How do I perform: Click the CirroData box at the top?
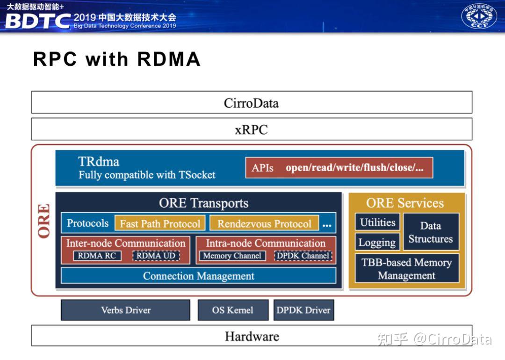tap(252, 102)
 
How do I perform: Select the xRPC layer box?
tap(252, 129)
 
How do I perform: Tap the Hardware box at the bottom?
tap(252, 336)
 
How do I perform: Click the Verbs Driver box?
tap(125, 310)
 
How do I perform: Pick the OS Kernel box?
tap(233, 310)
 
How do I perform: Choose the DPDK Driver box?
tap(303, 310)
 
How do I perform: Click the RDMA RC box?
tap(97, 256)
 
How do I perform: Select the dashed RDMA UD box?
tap(156, 256)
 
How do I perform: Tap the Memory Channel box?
tap(232, 256)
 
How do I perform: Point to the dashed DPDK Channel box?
tap(303, 256)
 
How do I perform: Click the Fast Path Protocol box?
tap(160, 223)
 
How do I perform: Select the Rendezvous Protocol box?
tap(264, 223)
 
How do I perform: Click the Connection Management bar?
tap(198, 276)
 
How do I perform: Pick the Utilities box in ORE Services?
tap(377, 223)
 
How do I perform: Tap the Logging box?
tap(377, 243)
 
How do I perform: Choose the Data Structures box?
tap(431, 232)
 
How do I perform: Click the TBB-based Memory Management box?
tap(407, 269)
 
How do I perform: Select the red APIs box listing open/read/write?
tap(339, 168)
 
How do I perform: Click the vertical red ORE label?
tap(44, 221)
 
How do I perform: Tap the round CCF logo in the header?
tap(479, 16)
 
